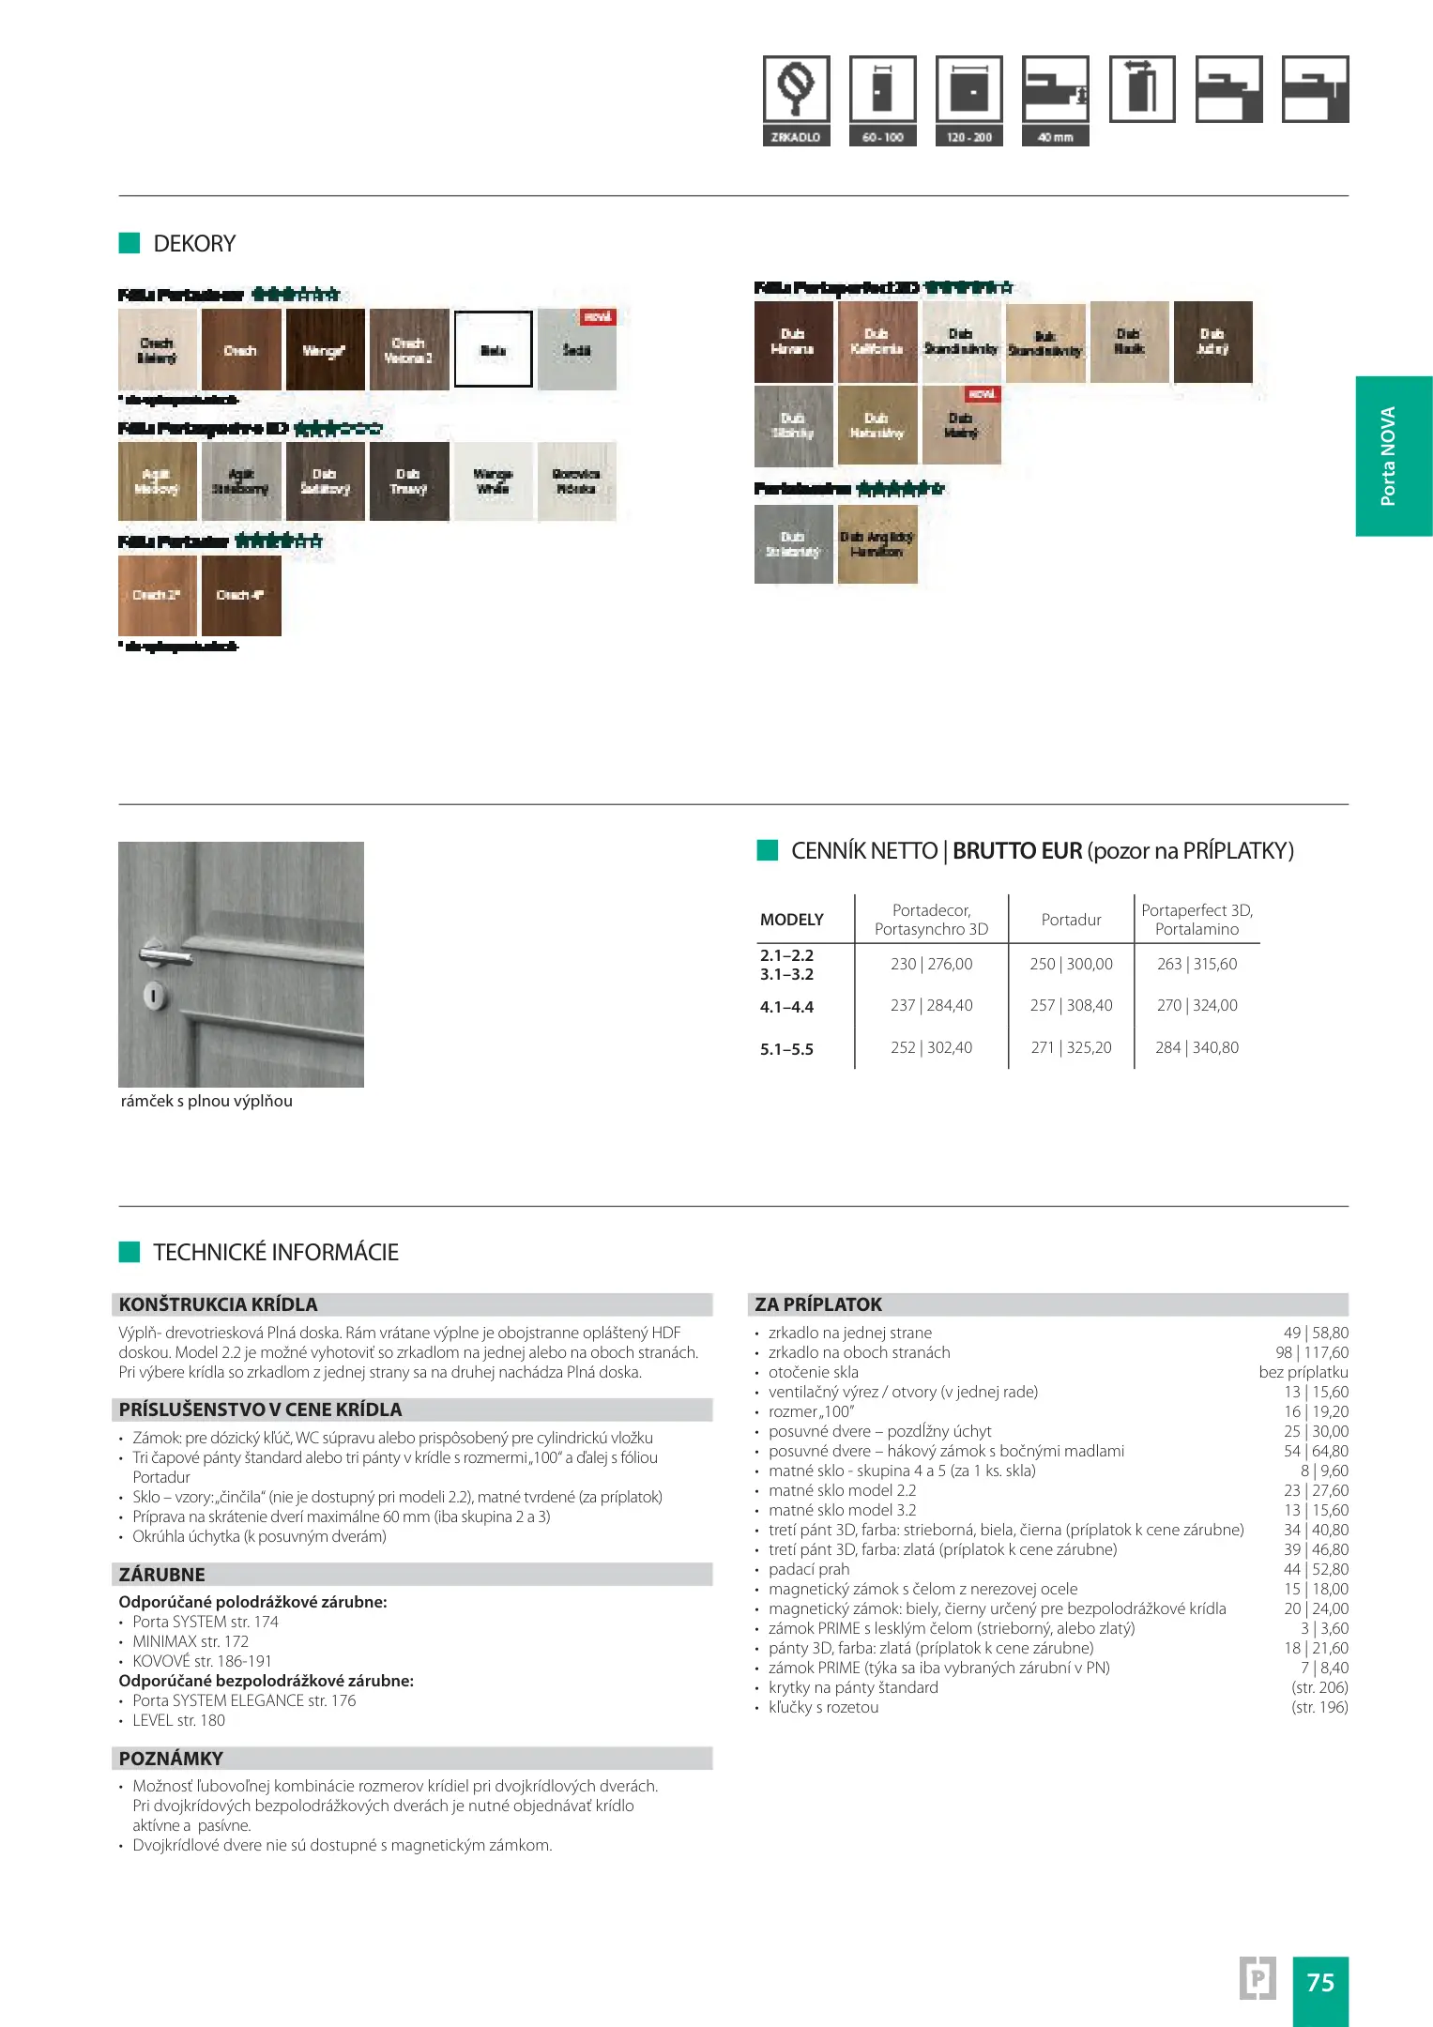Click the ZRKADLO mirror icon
(796, 90)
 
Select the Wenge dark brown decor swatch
(325, 350)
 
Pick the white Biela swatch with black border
(493, 350)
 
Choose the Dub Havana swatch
(793, 342)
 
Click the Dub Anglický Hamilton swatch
(877, 544)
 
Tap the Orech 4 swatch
(241, 595)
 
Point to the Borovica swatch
(576, 481)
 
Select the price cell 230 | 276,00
(931, 964)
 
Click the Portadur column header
(1071, 920)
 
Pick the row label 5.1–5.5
(786, 1049)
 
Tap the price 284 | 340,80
(1197, 1047)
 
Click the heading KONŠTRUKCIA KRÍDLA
(219, 1304)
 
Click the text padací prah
(809, 1569)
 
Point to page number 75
(1319, 1982)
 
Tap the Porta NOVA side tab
(1393, 456)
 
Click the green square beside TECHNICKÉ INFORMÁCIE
(130, 1252)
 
